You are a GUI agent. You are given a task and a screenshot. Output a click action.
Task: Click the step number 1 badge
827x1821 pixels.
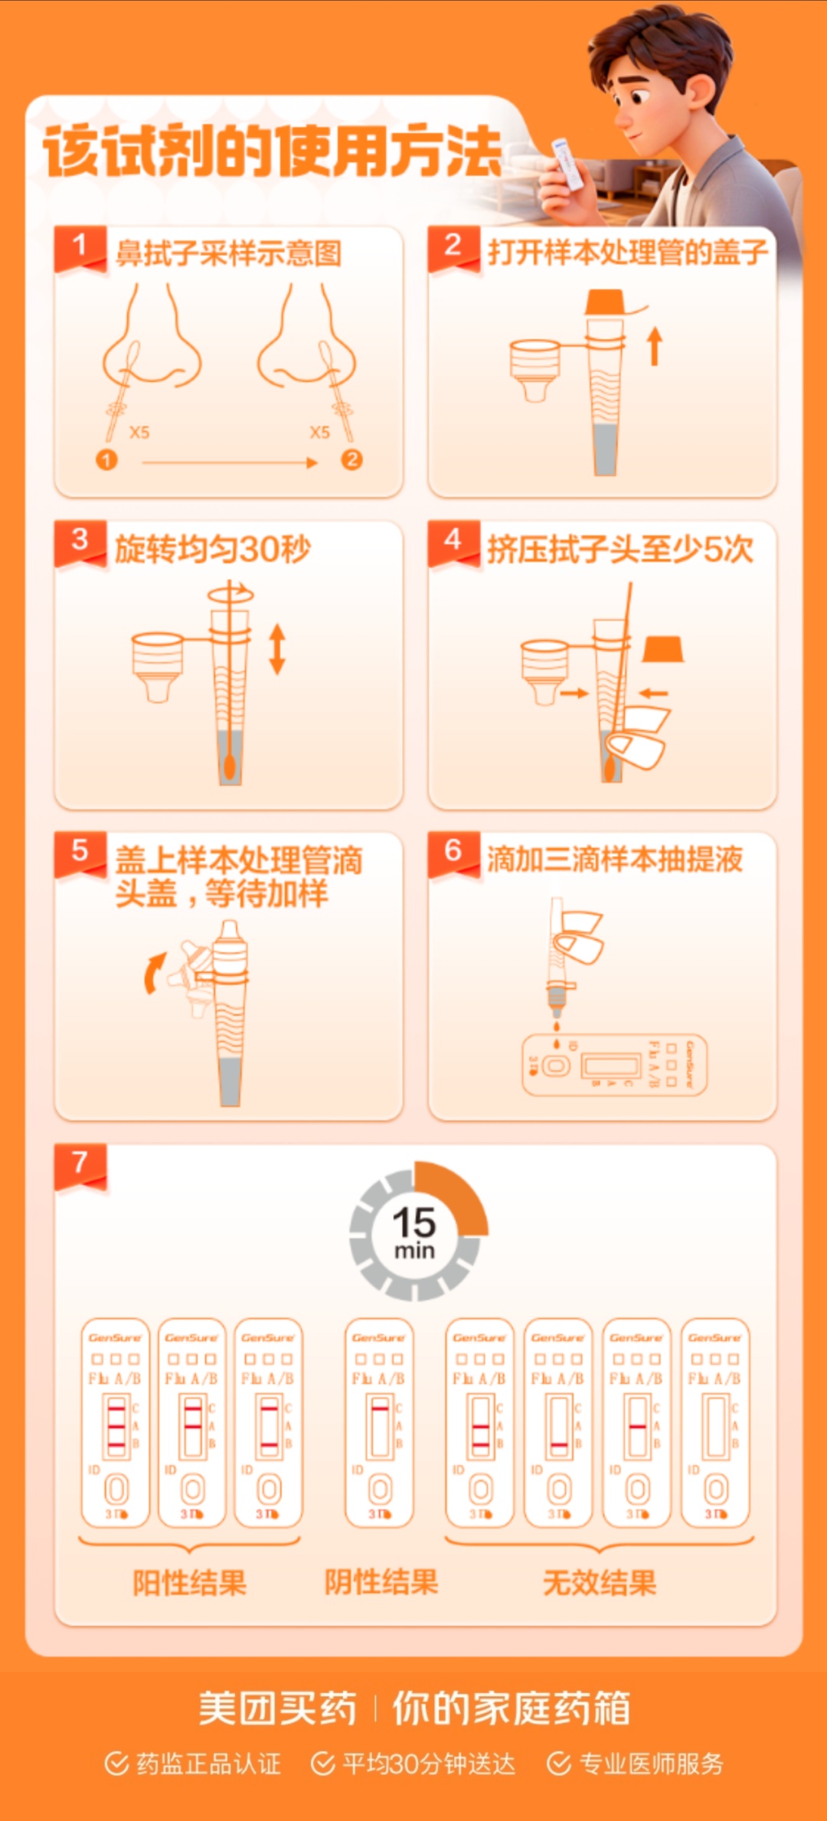(x=79, y=246)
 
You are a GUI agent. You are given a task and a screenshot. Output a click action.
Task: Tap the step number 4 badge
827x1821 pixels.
(x=453, y=540)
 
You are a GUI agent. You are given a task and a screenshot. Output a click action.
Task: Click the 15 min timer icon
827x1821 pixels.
(x=416, y=1231)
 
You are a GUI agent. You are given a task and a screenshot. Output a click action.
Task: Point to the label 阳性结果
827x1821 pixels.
(x=189, y=1582)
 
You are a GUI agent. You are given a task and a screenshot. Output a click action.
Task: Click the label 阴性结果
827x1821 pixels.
(x=381, y=1581)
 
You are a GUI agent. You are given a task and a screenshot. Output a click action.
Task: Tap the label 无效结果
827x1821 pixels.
(x=600, y=1582)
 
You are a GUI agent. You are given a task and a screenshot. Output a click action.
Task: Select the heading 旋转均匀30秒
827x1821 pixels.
(x=213, y=549)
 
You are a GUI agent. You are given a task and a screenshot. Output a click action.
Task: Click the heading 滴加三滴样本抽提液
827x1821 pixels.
(x=615, y=860)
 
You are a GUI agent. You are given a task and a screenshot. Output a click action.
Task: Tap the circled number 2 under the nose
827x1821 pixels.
(x=351, y=459)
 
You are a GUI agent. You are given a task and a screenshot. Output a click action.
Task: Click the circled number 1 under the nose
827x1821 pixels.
(x=106, y=459)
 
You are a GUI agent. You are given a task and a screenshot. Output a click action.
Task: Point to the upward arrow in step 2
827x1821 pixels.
(x=654, y=346)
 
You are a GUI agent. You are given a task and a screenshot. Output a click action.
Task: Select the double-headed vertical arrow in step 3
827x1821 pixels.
(x=277, y=649)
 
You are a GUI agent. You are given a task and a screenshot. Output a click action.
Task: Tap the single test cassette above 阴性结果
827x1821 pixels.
(x=379, y=1422)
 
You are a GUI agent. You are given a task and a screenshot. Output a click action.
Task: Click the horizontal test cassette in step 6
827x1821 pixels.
(x=614, y=1065)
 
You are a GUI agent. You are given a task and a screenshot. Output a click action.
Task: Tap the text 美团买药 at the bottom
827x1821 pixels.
(x=277, y=1709)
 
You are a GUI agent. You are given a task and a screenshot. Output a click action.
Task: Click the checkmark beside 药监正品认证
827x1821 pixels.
(x=116, y=1764)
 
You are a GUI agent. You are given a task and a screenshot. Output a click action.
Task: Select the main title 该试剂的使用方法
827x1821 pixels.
(x=273, y=152)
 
